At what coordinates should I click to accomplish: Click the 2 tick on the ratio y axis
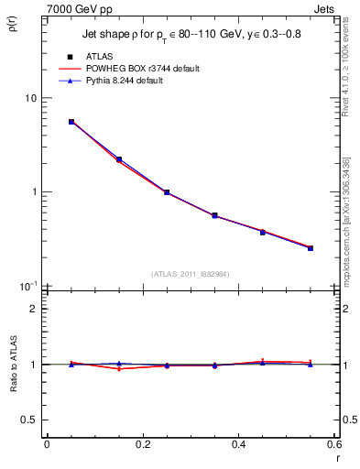pyautogui.click(x=34, y=310)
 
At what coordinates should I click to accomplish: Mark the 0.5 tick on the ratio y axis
pyautogui.click(x=30, y=420)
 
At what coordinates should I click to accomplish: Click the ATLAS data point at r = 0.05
pyautogui.click(x=71, y=122)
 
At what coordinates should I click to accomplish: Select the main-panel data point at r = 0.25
pyautogui.click(x=167, y=192)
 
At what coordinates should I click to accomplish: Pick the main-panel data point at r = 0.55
pyautogui.click(x=311, y=248)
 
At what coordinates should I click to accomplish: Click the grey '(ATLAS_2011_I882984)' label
pyautogui.click(x=190, y=274)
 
